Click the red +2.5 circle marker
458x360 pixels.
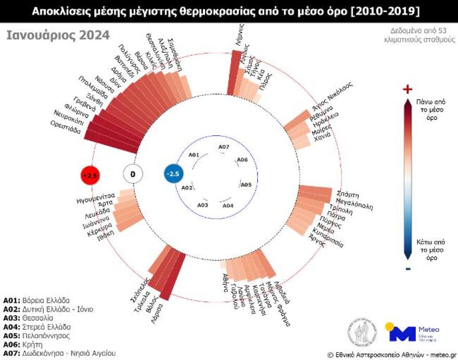coord(90,175)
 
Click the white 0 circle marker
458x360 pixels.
coord(132,174)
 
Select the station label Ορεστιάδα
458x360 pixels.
coord(66,127)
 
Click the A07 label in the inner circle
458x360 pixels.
coord(224,147)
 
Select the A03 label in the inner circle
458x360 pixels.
coord(203,205)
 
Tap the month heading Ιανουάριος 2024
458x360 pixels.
coord(58,35)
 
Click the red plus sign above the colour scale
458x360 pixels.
coord(408,89)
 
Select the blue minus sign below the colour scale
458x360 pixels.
coord(408,268)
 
